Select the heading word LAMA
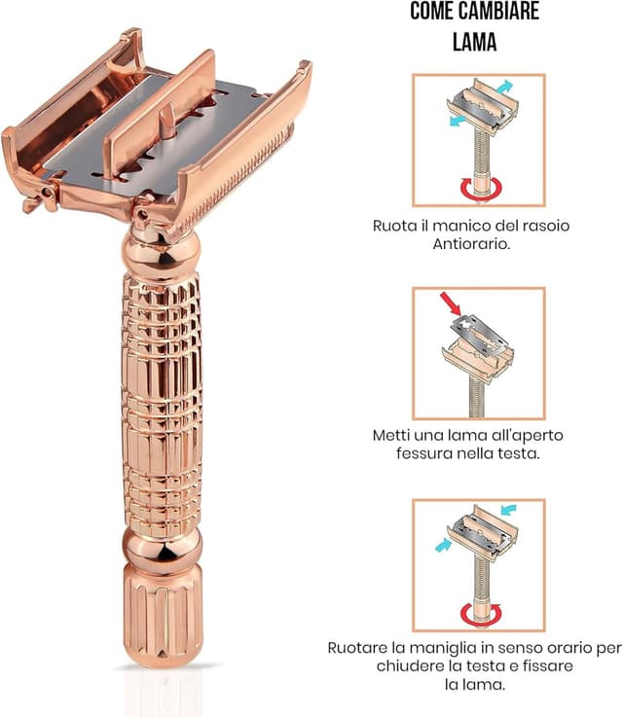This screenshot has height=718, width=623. pyautogui.click(x=476, y=42)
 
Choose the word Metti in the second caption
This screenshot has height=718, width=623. pyautogui.click(x=394, y=435)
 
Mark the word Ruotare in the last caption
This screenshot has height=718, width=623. pyautogui.click(x=357, y=647)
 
